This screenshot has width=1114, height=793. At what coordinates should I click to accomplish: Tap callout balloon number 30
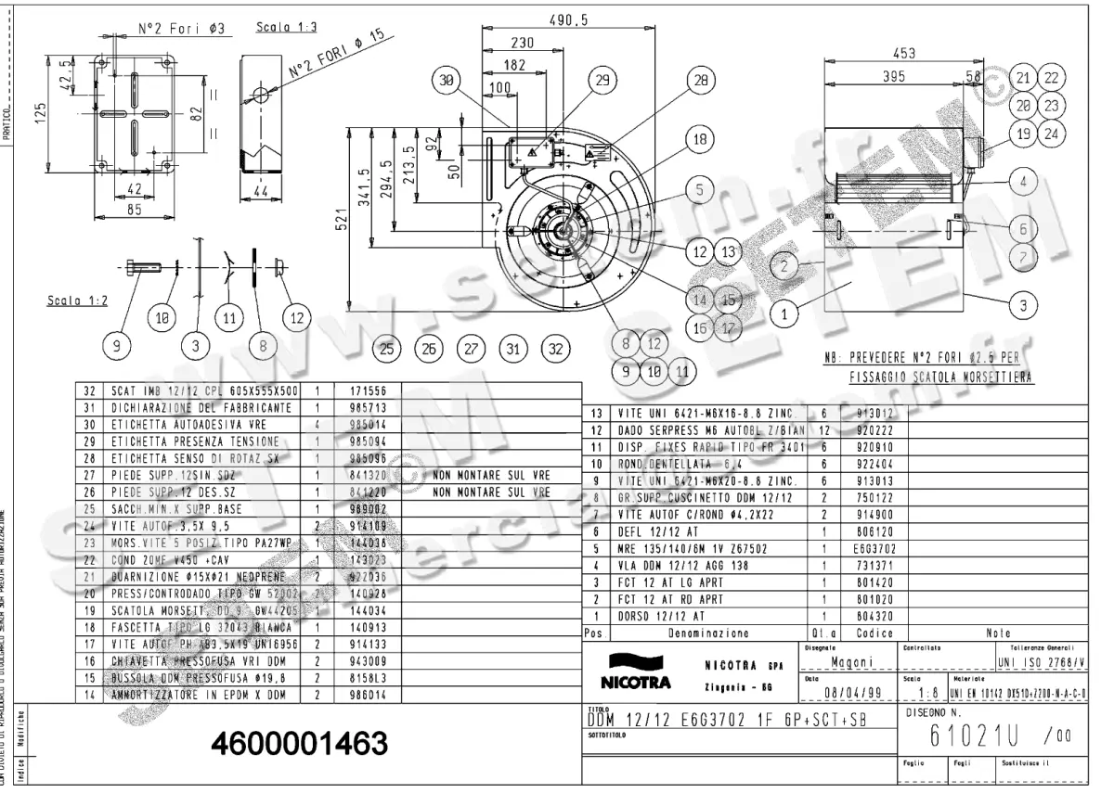point(448,82)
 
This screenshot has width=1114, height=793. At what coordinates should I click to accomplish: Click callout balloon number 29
point(602,82)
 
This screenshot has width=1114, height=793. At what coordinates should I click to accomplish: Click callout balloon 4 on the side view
point(1023,181)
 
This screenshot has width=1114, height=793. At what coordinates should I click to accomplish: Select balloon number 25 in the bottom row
point(387,350)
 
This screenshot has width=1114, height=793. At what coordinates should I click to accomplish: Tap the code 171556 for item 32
point(365,391)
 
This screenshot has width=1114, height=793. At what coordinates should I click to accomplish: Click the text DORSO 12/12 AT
point(660,615)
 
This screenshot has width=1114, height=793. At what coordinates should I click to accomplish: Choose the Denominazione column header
point(709,633)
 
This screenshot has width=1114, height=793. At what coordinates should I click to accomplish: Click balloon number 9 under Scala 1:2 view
point(117,347)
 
